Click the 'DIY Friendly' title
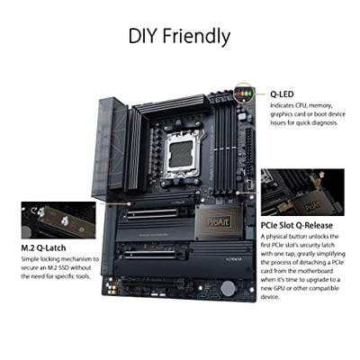coord(179,36)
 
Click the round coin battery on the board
coord(229,287)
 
